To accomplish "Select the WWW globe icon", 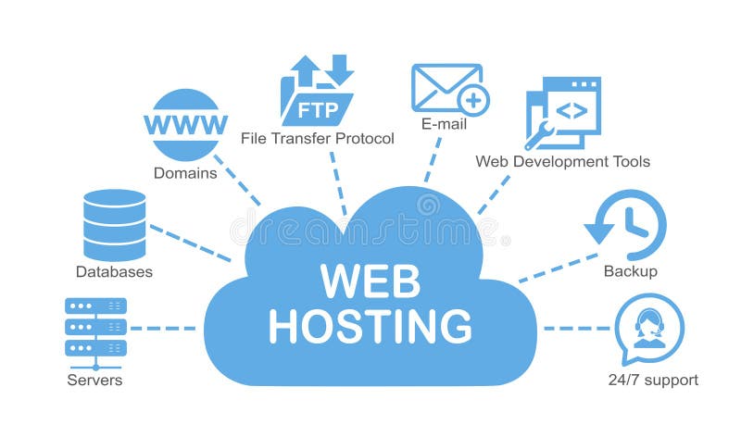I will click(185, 125).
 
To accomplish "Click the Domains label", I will click(185, 173).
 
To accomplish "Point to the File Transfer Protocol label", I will click(317, 139).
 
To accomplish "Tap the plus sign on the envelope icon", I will click(473, 99).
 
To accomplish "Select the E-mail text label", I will click(444, 124).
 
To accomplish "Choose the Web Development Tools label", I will click(562, 162).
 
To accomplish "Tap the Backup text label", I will click(630, 271).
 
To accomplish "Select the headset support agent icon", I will click(649, 328).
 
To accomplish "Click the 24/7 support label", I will click(653, 381).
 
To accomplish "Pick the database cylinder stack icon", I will click(114, 224).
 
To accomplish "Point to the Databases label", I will click(114, 272).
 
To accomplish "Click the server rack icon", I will click(95, 327).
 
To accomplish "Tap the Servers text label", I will click(94, 381).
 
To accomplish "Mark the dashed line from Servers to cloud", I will click(163, 328).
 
